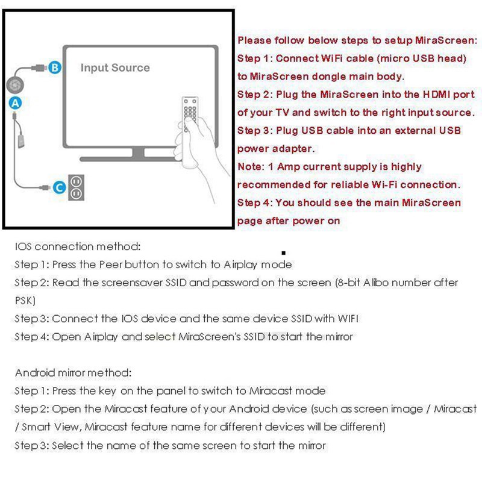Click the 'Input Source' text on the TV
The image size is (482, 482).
pos(114,67)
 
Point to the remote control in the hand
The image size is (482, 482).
pos(193,111)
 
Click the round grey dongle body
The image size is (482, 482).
pos(16,84)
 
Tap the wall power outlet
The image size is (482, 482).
pos(77,187)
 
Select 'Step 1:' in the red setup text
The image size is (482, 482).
pos(255,58)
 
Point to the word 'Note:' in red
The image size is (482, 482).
pos(252,167)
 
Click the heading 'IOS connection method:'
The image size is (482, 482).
pos(77,246)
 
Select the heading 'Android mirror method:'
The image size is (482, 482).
pos(73,373)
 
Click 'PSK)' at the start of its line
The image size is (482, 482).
pos(26,300)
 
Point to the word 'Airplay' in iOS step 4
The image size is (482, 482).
pos(85,337)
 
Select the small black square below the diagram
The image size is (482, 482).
pos(283,254)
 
